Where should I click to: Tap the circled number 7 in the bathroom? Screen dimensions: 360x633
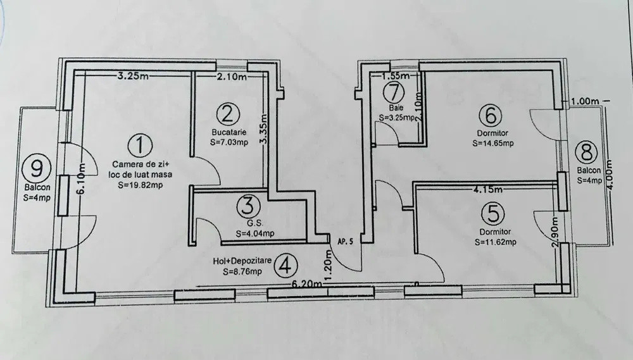tap(394, 91)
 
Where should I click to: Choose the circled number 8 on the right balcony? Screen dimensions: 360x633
tap(586, 152)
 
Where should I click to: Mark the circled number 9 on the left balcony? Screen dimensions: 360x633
tap(35, 168)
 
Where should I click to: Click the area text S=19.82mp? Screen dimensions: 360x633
tap(141, 186)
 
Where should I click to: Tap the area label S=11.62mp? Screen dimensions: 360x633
tap(496, 242)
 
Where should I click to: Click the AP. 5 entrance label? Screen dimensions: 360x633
tap(345, 241)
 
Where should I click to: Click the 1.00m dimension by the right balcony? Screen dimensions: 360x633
tap(584, 101)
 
